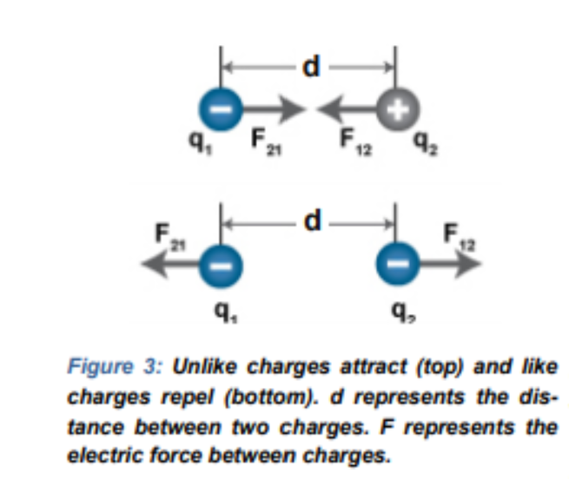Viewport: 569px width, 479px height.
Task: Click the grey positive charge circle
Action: [x=398, y=108]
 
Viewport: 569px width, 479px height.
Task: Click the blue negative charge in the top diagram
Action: [x=221, y=108]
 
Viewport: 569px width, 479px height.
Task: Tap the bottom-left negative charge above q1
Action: [x=221, y=266]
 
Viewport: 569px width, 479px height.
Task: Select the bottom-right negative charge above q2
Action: [x=398, y=264]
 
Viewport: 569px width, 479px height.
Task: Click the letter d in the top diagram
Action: [x=311, y=66]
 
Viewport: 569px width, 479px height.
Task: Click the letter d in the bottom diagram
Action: [x=313, y=220]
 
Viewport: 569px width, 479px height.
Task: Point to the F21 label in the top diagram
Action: [x=266, y=141]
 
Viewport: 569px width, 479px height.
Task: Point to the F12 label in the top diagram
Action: [x=356, y=141]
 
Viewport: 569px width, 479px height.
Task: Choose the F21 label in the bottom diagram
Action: [x=169, y=237]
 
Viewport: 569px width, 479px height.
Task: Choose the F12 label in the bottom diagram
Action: [x=459, y=237]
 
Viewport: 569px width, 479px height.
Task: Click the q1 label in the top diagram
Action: [x=201, y=143]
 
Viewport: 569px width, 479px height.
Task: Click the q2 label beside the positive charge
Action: [x=426, y=143]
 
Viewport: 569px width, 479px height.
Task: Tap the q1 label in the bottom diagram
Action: [x=226, y=312]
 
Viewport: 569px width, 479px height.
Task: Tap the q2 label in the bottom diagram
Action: [x=404, y=312]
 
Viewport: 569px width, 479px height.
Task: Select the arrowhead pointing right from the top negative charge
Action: [x=293, y=108]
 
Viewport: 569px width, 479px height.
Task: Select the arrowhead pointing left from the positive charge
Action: [x=330, y=108]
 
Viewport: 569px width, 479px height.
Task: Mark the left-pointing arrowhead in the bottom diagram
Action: [x=155, y=265]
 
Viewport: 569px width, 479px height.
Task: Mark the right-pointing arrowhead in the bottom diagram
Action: [x=468, y=264]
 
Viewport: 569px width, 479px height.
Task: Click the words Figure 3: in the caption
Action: [x=115, y=366]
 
